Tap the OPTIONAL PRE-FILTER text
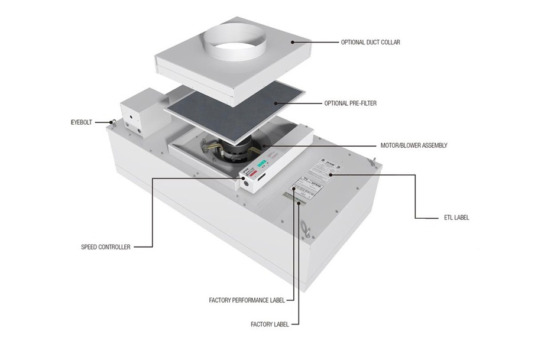pyautogui.click(x=351, y=103)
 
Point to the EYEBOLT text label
pyautogui.click(x=81, y=124)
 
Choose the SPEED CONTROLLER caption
pyautogui.click(x=106, y=247)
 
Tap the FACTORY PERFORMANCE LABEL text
pyautogui.click(x=247, y=300)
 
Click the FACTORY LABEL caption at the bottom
pyautogui.click(x=270, y=324)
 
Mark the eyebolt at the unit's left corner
pyautogui.click(x=112, y=123)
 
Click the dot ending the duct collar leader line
pyautogui.click(x=291, y=42)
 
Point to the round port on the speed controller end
pyautogui.click(x=245, y=184)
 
